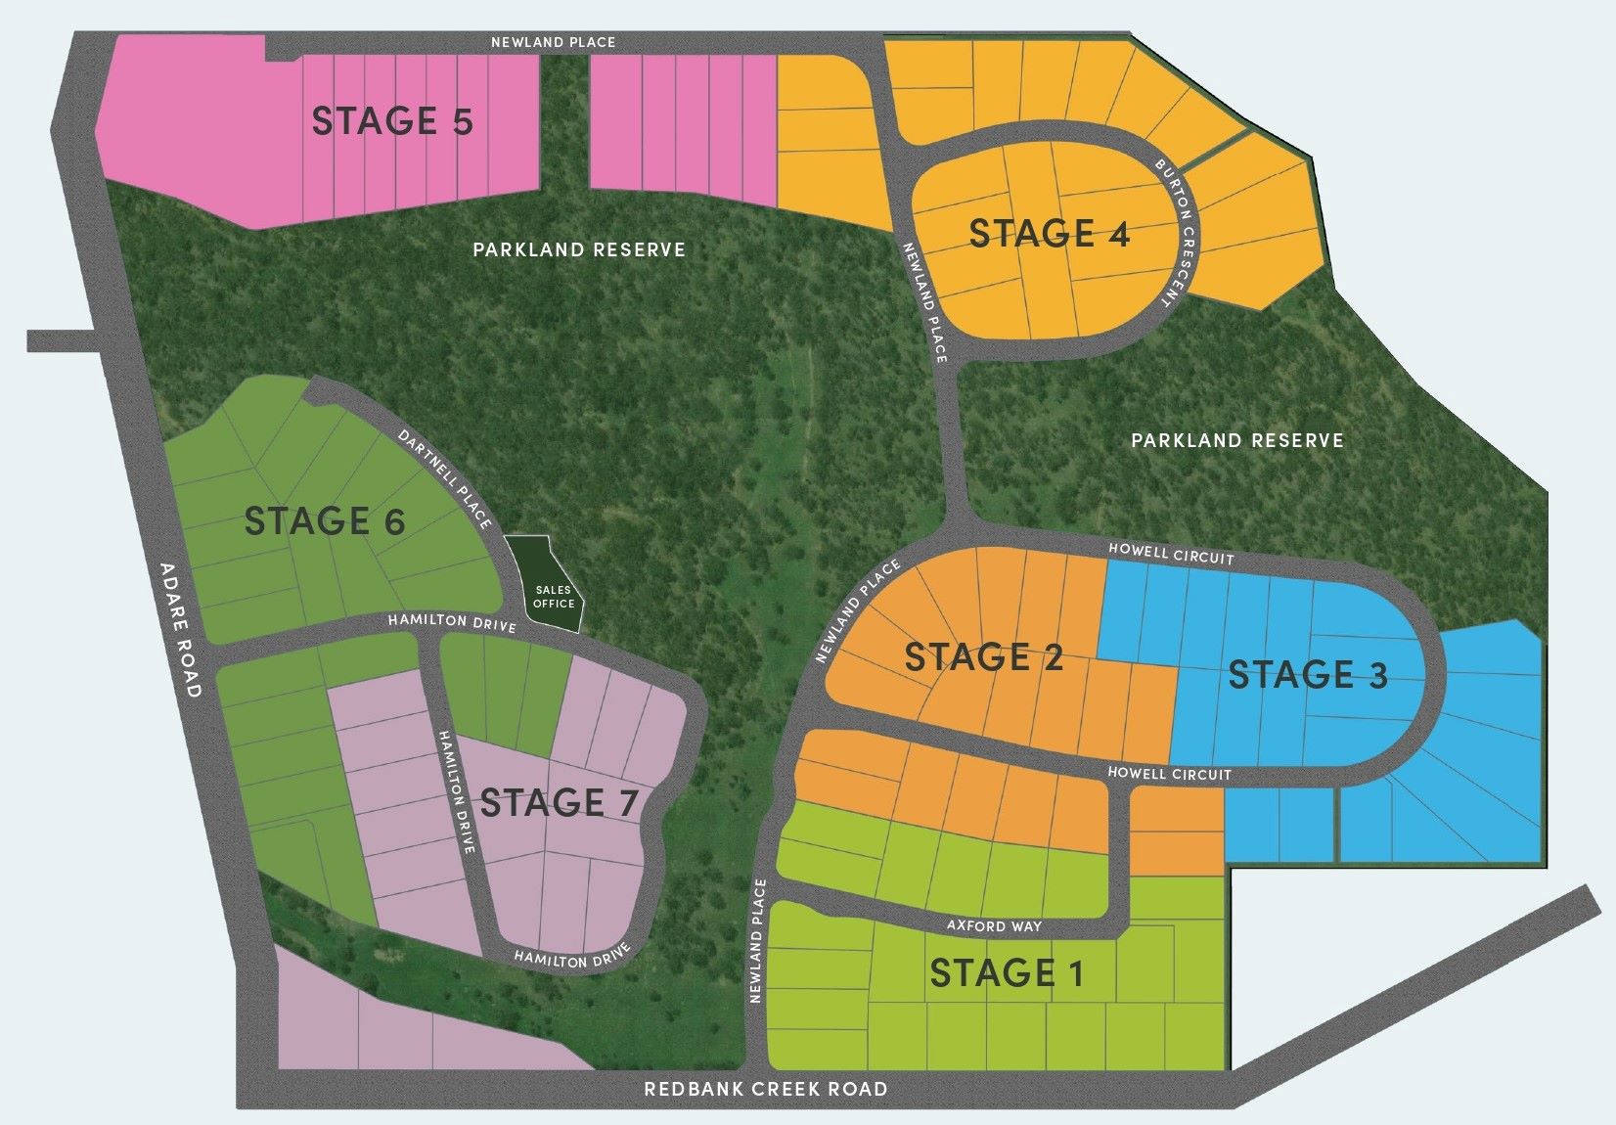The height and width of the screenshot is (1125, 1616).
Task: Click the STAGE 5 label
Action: pyautogui.click(x=392, y=121)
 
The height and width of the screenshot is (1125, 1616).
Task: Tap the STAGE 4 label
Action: pyautogui.click(x=1050, y=234)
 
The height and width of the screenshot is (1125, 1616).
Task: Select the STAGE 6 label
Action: pyautogui.click(x=324, y=521)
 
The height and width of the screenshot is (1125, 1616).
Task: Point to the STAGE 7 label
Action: pyautogui.click(x=559, y=803)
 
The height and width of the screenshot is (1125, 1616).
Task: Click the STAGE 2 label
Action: pyautogui.click(x=983, y=657)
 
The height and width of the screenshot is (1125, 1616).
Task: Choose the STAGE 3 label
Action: pyautogui.click(x=1308, y=675)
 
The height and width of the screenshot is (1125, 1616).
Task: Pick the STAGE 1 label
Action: pyautogui.click(x=1007, y=973)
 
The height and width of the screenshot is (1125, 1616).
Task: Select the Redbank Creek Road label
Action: pyautogui.click(x=766, y=1089)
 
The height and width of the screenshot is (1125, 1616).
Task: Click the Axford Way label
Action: pyautogui.click(x=994, y=925)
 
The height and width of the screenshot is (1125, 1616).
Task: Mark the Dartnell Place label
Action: pyautogui.click(x=445, y=478)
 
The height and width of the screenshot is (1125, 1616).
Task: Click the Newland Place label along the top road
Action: pyautogui.click(x=553, y=42)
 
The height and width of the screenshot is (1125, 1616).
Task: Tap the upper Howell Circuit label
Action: pyautogui.click(x=1171, y=555)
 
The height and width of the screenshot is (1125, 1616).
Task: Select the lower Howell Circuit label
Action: pyautogui.click(x=1169, y=774)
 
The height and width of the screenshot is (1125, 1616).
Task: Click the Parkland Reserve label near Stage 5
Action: pyautogui.click(x=579, y=249)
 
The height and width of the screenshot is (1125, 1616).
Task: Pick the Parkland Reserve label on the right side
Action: pyautogui.click(x=1237, y=440)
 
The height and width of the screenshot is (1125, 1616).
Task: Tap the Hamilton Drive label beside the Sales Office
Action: pyautogui.click(x=451, y=622)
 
